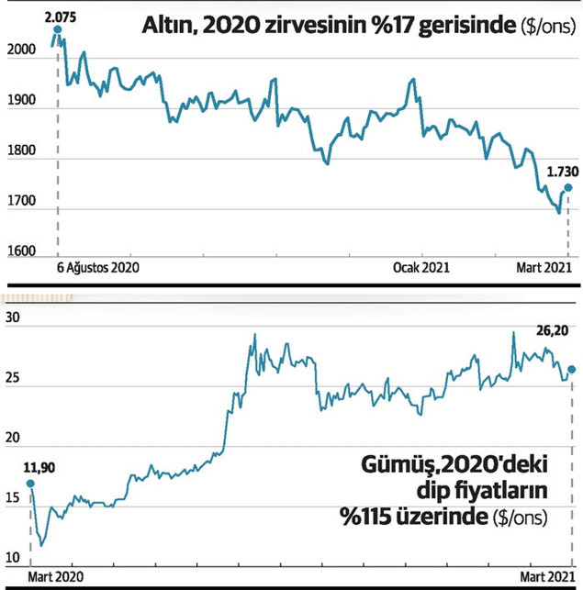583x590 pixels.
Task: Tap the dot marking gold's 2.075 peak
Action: tap(58, 30)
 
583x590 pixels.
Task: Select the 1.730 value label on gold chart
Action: tap(562, 170)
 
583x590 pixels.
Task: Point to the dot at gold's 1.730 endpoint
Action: tap(568, 187)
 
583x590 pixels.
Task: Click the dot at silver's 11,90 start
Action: tap(30, 484)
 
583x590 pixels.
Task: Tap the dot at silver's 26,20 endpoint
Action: tap(572, 370)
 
